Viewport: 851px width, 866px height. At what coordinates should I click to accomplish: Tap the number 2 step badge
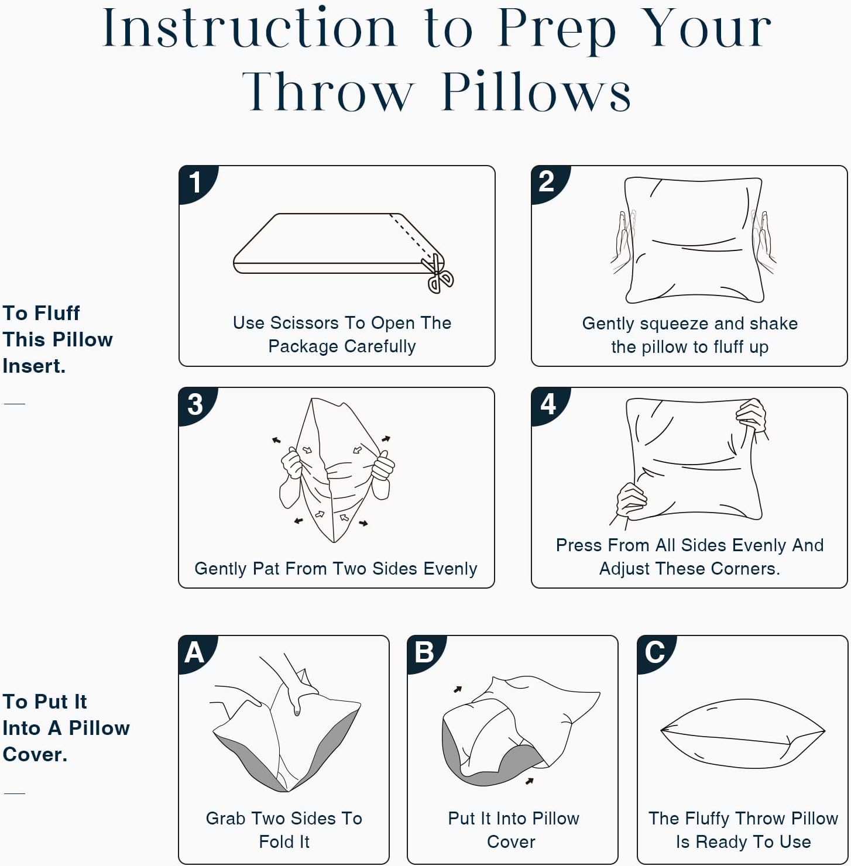pos(548,183)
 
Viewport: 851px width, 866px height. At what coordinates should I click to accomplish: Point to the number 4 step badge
pos(548,404)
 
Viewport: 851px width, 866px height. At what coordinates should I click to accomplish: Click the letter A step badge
pos(195,653)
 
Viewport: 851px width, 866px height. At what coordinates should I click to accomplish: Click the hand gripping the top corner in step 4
pos(752,417)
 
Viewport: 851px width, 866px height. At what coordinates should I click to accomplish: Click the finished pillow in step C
pos(742,734)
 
